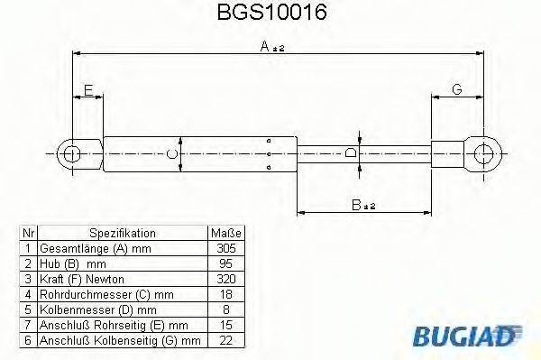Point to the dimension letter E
click(87, 88)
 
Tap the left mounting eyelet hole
click(70, 154)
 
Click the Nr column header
click(28, 233)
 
